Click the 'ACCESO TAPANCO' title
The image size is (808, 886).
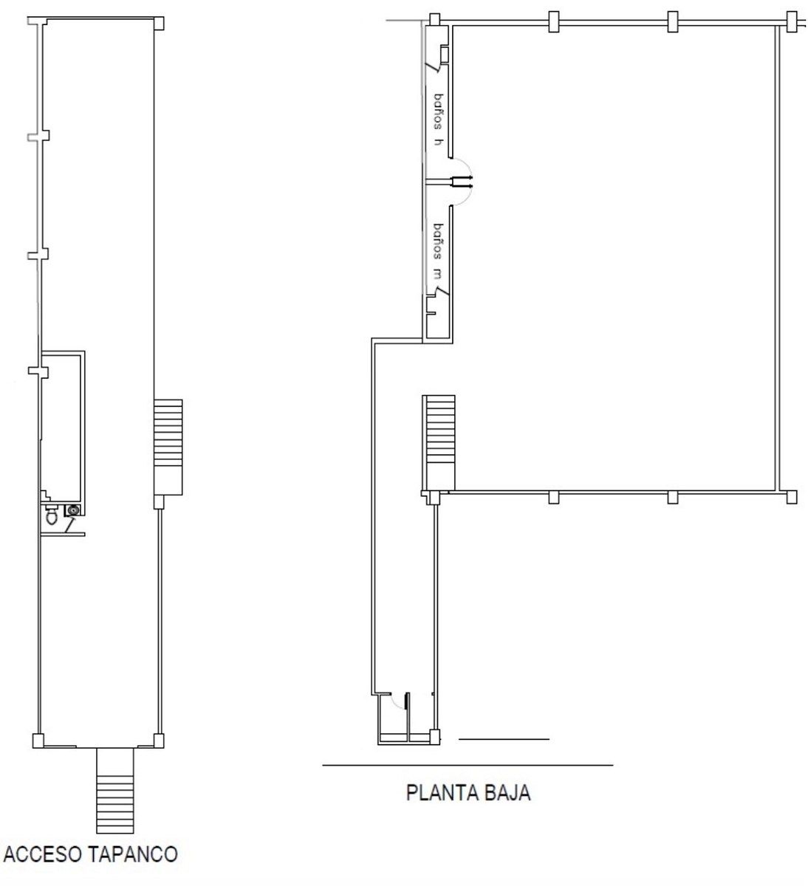[91, 855]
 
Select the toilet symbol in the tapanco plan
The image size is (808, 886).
[52, 515]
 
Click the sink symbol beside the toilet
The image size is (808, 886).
[72, 510]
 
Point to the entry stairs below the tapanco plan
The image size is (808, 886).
[115, 791]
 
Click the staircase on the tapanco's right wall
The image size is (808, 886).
[168, 447]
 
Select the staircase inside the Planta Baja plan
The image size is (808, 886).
[439, 442]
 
